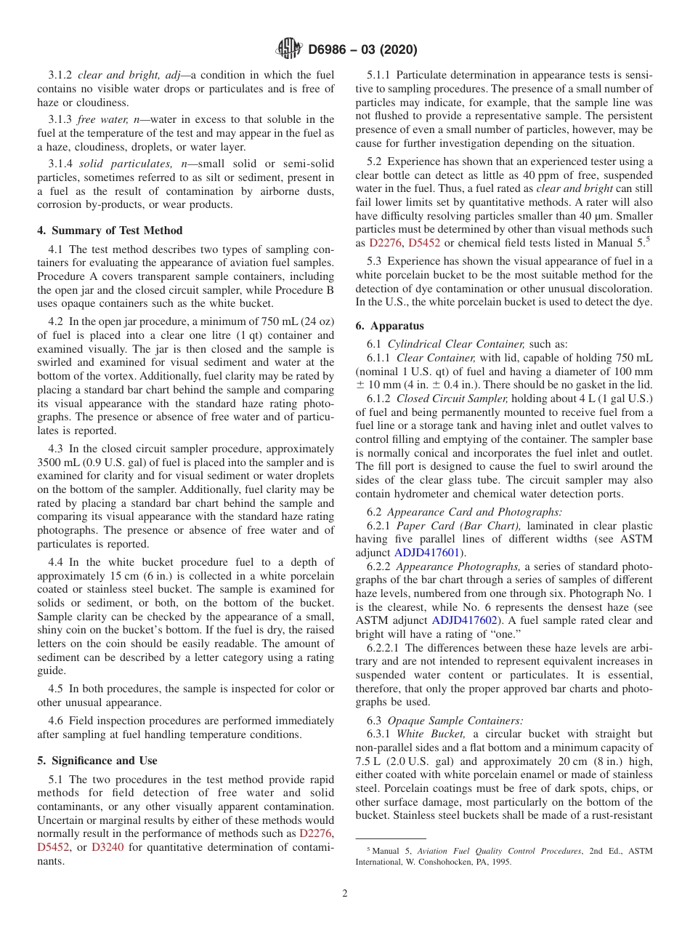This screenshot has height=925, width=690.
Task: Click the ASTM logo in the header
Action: pos(289,49)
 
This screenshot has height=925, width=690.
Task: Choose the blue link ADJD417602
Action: pos(464,620)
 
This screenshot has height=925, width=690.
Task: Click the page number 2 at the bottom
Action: pos(345,894)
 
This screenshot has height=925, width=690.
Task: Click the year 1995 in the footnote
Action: pos(501,862)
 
